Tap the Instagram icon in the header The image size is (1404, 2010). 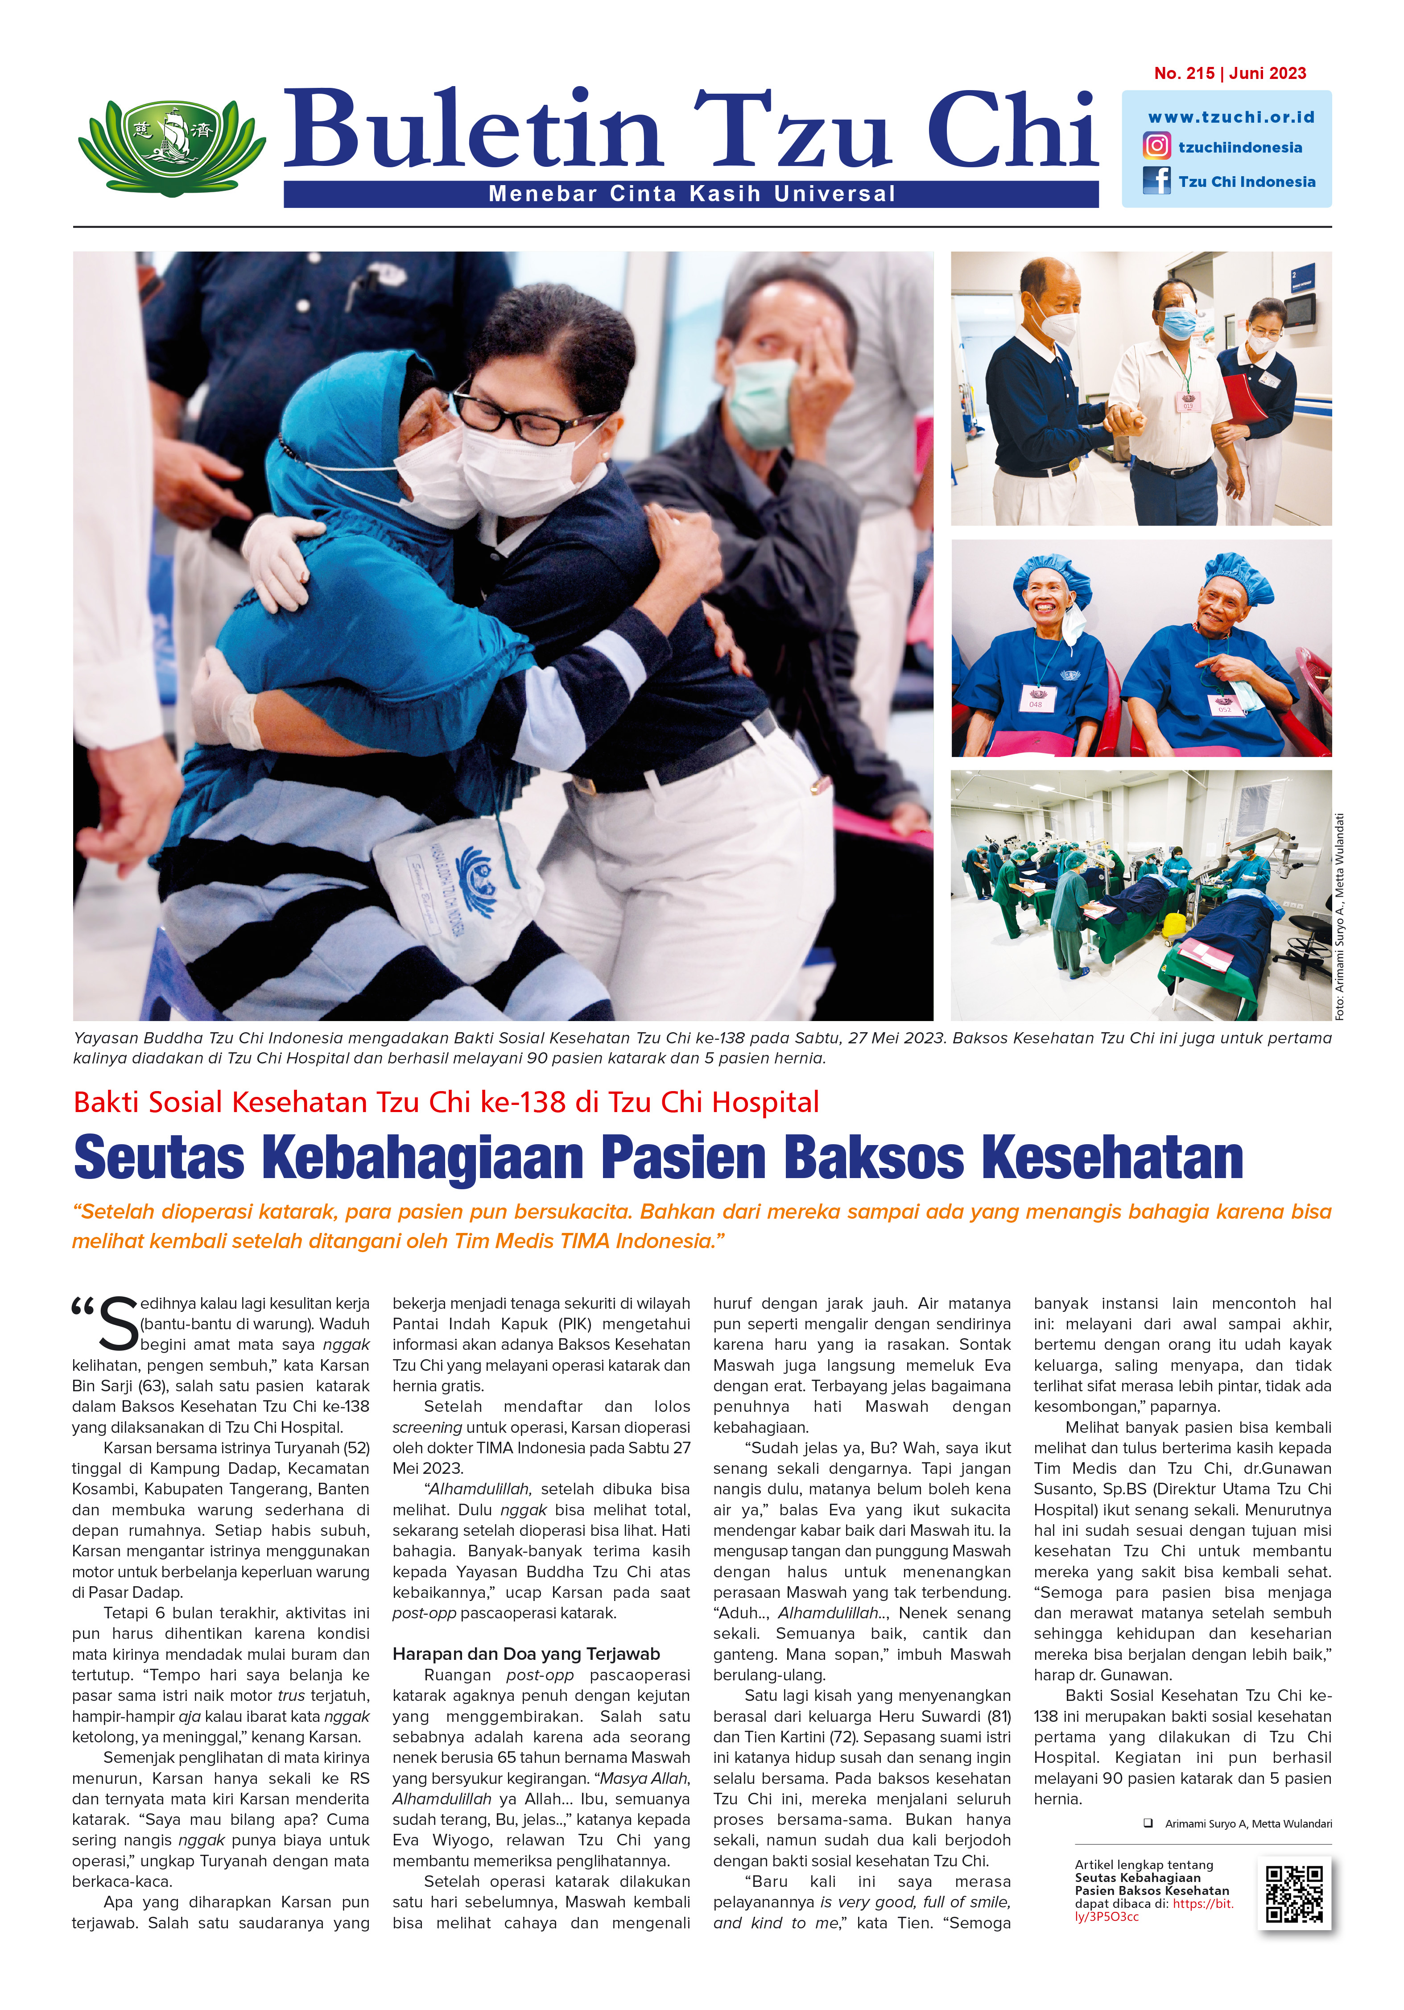(1156, 146)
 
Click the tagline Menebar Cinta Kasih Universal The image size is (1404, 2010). (691, 194)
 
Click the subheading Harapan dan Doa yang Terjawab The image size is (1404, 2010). (526, 1654)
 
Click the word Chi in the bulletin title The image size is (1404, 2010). (1011, 131)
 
